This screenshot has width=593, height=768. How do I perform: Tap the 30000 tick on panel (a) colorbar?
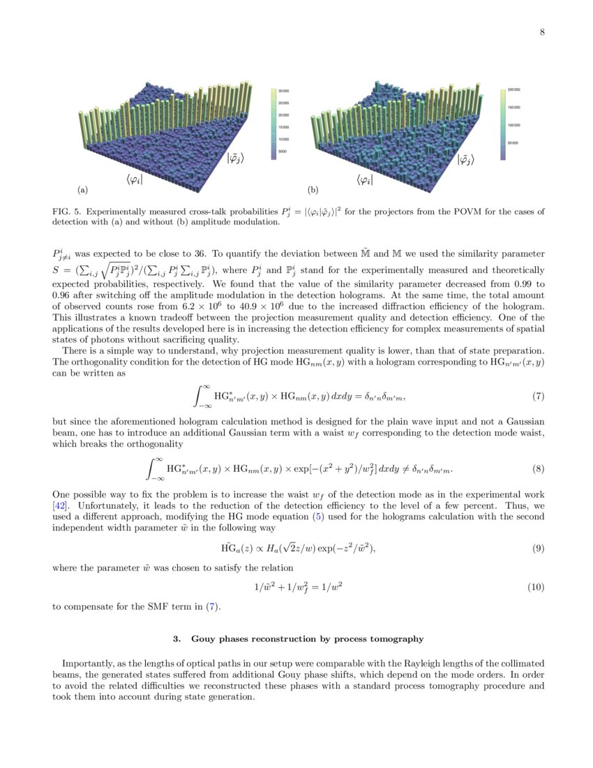point(285,91)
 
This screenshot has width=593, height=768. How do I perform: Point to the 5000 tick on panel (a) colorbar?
point(284,152)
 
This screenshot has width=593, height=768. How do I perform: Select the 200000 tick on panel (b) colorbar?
point(513,90)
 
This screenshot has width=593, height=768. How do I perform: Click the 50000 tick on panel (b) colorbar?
point(513,142)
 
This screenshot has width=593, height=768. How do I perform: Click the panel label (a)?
point(82,189)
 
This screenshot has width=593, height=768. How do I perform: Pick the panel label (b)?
point(313,189)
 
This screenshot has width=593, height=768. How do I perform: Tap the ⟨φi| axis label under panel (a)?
point(135,179)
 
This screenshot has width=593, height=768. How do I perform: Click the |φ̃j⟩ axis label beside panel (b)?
point(465,160)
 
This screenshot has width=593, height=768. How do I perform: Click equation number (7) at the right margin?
point(538,397)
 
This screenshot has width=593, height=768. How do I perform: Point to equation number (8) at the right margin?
point(538,468)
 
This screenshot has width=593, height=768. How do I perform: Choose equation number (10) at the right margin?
point(535,587)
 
